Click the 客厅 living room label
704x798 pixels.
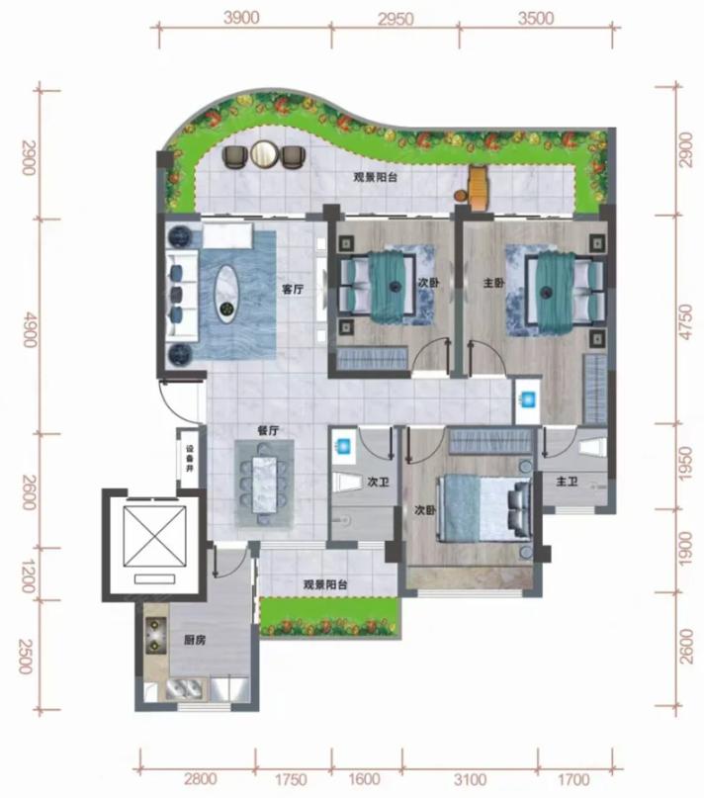tap(293, 290)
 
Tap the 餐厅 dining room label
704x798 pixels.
tap(268, 430)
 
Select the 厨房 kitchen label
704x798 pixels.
tap(195, 640)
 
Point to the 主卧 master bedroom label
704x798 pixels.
tap(493, 283)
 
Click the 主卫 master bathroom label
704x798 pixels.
tap(568, 481)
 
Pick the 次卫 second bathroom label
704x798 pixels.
tap(379, 482)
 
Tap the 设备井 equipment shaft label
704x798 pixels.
tap(190, 459)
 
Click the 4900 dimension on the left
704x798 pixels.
tap(30, 331)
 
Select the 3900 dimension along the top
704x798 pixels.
tap(241, 18)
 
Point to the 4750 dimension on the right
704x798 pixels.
tap(685, 321)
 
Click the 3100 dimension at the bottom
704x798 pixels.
tap(470, 779)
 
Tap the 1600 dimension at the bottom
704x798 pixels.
tap(365, 779)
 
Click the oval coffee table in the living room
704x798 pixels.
tap(227, 294)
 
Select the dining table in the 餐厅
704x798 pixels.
tap(265, 484)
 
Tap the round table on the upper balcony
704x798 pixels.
tap(264, 153)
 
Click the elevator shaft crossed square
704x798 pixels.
tap(155, 536)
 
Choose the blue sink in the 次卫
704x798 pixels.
tap(344, 446)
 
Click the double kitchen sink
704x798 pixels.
tap(185, 688)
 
